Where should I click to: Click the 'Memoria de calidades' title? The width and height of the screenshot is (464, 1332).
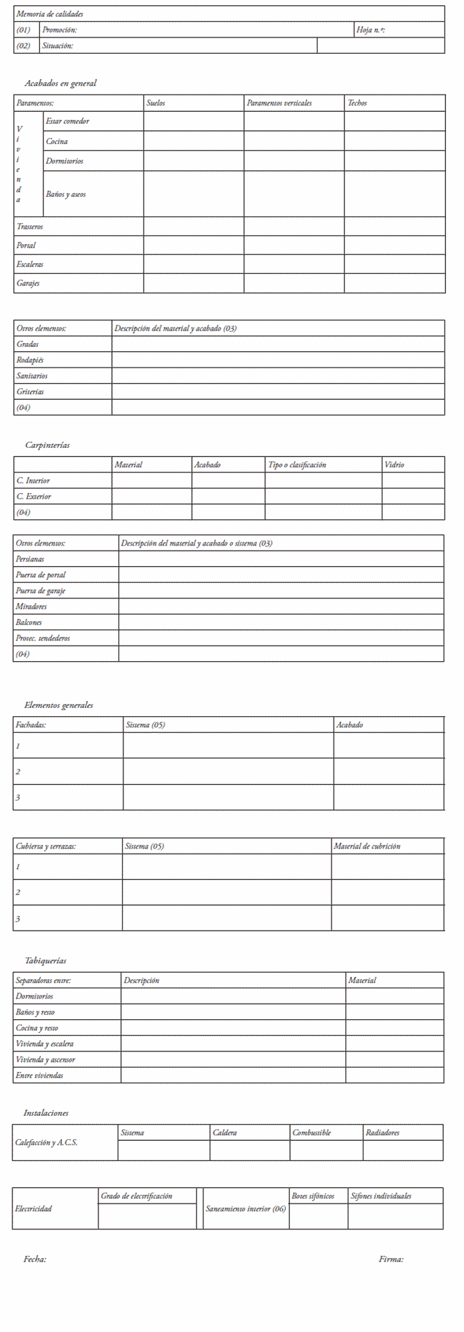coord(50,14)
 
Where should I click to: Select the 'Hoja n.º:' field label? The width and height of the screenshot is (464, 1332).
coord(371,30)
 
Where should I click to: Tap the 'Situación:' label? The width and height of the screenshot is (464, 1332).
coord(57,45)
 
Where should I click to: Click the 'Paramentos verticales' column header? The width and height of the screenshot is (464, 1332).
coord(279,103)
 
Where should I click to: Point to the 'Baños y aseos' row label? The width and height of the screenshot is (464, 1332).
coord(66,194)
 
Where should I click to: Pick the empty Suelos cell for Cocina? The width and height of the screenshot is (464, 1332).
coord(194,141)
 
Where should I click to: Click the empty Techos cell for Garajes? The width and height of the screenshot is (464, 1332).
coord(394,283)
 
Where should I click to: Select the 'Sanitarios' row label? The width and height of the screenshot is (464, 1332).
coord(32,375)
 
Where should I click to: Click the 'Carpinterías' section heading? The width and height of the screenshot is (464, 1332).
coord(47,445)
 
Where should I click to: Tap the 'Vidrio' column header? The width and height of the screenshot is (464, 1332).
coord(394,465)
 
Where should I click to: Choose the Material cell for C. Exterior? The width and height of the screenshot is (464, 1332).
coord(151,496)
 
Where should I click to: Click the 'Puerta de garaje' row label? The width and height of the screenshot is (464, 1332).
coord(41,590)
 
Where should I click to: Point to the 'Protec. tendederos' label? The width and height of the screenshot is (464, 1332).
coord(43,638)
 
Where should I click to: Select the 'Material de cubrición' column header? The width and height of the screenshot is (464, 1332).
coord(367,846)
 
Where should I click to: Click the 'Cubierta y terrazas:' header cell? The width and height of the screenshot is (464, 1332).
coord(46,846)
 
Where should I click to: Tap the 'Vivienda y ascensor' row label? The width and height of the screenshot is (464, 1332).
coord(45,1059)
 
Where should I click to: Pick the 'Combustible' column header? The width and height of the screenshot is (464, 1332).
coord(311,1132)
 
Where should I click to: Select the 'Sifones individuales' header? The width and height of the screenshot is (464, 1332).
coord(381,1196)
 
